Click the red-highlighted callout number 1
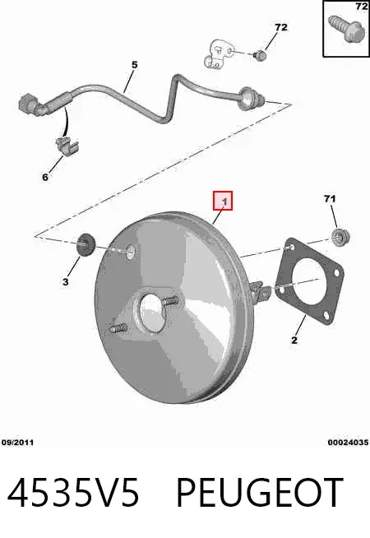(x=224, y=202)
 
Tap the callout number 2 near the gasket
(x=294, y=340)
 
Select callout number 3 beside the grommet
(x=65, y=282)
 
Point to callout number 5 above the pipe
(x=134, y=64)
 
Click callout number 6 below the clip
(x=45, y=177)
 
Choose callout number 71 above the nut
(x=330, y=198)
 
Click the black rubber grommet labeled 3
(x=86, y=245)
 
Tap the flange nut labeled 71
(x=340, y=236)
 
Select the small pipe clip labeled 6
(x=67, y=146)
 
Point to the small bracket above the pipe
(x=218, y=54)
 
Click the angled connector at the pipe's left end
(x=31, y=105)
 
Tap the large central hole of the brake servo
(x=152, y=313)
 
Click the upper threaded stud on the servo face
(x=169, y=301)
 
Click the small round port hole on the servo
(x=130, y=252)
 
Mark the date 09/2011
(x=17, y=443)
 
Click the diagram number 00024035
(x=348, y=443)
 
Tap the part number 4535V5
(x=73, y=493)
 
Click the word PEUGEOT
(x=260, y=493)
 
